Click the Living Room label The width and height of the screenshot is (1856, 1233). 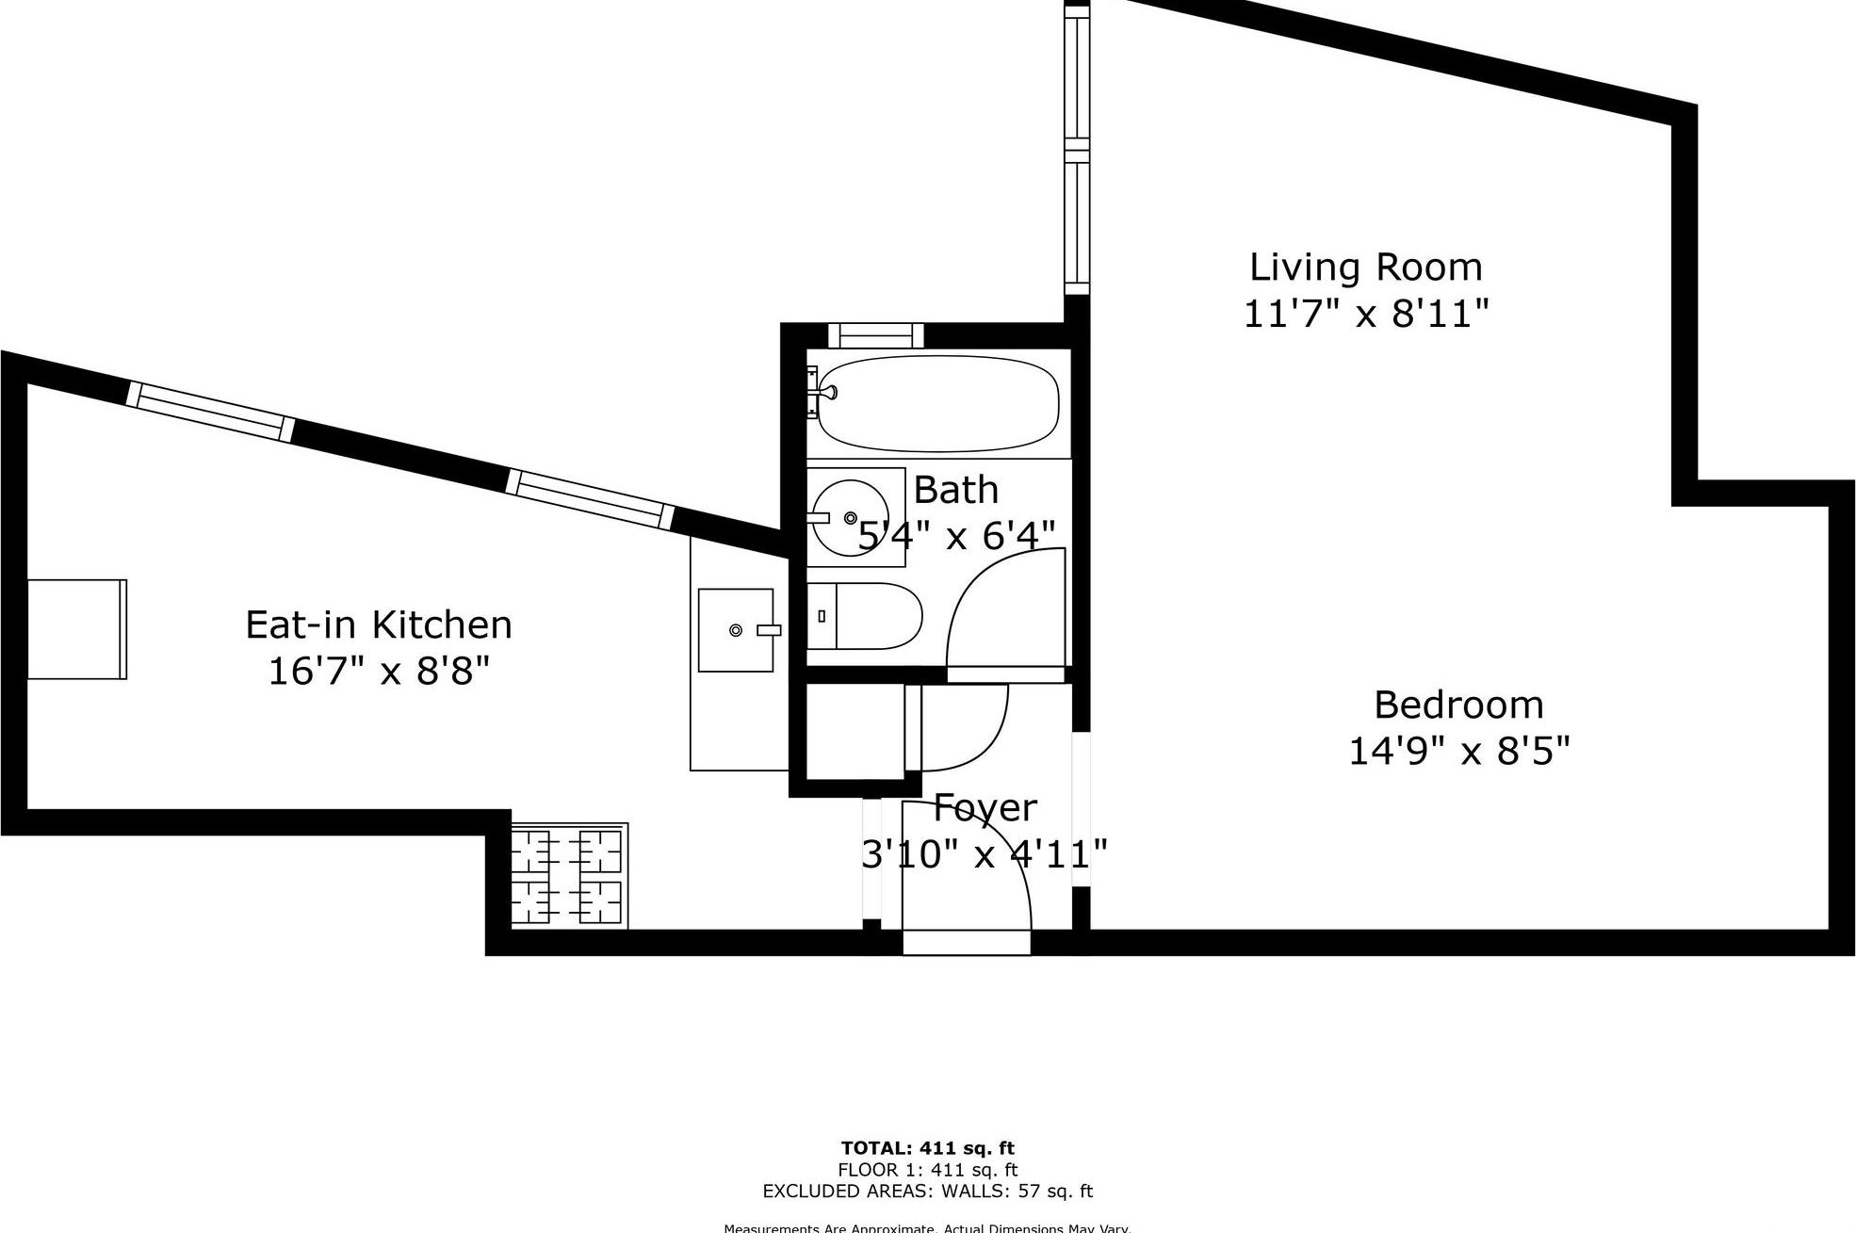pyautogui.click(x=1365, y=268)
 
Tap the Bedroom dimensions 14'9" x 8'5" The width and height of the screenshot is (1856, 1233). pyautogui.click(x=1458, y=752)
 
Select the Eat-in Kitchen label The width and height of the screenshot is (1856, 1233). pyautogui.click(x=379, y=625)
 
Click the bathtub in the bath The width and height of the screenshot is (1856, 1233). pyautogui.click(x=937, y=404)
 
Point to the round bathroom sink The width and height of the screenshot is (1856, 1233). pyautogui.click(x=849, y=517)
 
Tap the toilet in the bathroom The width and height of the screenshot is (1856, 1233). pyautogui.click(x=864, y=616)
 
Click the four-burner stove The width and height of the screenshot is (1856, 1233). pyautogui.click(x=568, y=876)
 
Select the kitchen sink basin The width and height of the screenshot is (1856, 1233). pyautogui.click(x=736, y=630)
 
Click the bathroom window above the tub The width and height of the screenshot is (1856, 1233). pyautogui.click(x=875, y=335)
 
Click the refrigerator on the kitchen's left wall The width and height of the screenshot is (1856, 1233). pyautogui.click(x=76, y=629)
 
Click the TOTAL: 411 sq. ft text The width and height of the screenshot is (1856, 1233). pyautogui.click(x=927, y=1148)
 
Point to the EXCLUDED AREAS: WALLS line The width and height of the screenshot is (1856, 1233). pyautogui.click(x=927, y=1192)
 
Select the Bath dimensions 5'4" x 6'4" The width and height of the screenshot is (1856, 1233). pyautogui.click(x=956, y=536)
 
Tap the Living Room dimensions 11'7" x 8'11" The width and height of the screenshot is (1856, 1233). pyautogui.click(x=1365, y=314)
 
